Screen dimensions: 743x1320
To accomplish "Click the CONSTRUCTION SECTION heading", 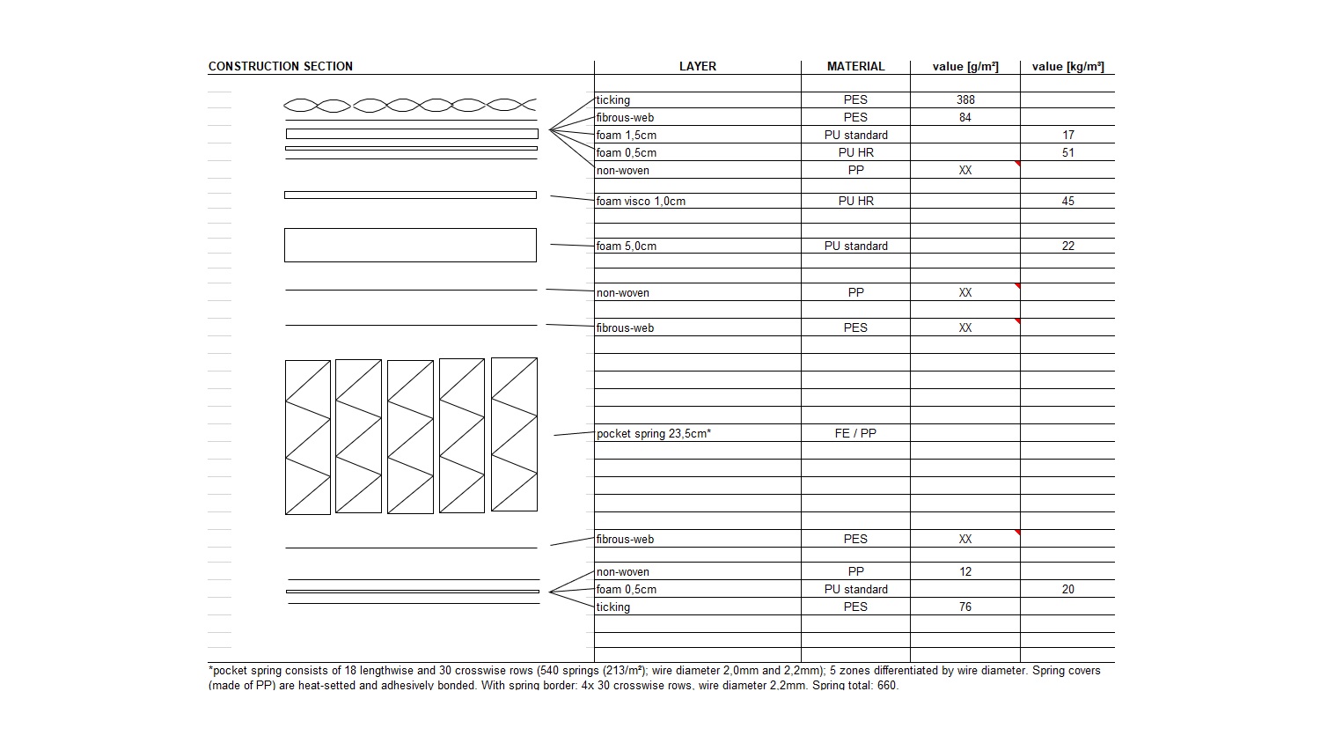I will (280, 66).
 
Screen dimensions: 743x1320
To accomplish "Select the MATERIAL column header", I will (855, 66).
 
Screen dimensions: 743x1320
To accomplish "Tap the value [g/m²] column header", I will (965, 66).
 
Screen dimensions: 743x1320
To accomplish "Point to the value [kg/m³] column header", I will (1067, 66).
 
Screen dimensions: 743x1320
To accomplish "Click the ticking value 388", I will (965, 99).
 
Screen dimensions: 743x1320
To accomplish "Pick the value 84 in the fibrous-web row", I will (965, 117).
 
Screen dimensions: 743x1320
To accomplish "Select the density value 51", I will (1067, 152).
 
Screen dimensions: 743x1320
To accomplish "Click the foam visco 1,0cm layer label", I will (641, 201).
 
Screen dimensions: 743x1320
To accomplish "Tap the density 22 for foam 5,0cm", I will (1067, 246).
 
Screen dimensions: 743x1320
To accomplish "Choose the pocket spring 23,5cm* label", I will (653, 433).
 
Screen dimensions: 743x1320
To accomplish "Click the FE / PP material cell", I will (855, 433).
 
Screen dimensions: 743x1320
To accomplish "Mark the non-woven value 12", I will (965, 571).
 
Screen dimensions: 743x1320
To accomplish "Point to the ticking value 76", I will (965, 607).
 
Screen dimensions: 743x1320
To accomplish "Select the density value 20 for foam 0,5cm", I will (1067, 589).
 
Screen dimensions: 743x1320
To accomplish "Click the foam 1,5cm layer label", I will (626, 135).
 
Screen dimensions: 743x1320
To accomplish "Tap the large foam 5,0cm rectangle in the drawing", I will (410, 245).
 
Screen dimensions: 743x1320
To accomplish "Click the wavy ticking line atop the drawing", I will (410, 106).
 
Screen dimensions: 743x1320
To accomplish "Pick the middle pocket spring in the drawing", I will (410, 437).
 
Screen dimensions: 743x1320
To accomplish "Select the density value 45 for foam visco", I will (1067, 201).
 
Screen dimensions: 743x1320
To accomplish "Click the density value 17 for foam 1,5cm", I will (1067, 135).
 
